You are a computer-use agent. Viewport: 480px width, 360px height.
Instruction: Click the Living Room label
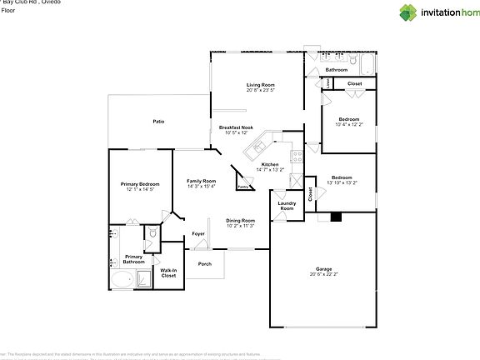click(x=261, y=84)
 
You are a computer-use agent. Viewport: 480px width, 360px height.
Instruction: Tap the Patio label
click(x=158, y=122)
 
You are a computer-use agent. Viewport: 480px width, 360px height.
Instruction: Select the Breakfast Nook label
click(x=236, y=127)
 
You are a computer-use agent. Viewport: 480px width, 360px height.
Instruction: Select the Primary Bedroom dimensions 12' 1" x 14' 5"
click(x=137, y=189)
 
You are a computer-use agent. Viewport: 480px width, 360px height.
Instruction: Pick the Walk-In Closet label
click(x=168, y=272)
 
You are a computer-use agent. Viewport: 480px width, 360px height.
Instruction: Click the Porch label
click(x=204, y=264)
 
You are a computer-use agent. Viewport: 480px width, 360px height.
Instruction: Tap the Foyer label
click(x=198, y=233)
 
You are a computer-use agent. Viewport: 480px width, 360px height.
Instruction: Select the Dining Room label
click(x=241, y=220)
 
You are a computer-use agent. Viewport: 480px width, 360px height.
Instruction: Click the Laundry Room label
click(x=287, y=206)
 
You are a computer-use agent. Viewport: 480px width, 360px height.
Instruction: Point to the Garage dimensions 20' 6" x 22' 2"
click(x=323, y=273)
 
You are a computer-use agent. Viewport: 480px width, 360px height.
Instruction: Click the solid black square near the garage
click(x=336, y=217)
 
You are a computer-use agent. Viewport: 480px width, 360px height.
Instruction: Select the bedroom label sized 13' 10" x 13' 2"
click(x=342, y=182)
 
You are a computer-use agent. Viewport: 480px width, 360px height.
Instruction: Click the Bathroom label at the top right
click(x=359, y=69)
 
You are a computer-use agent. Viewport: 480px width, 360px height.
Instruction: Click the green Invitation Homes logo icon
click(x=408, y=12)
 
